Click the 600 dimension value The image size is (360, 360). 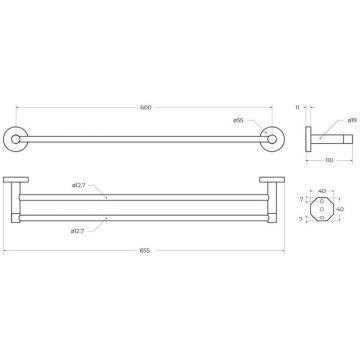[x=146, y=107]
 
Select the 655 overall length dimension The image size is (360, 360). [x=145, y=251]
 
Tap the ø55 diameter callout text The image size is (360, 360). [x=238, y=120]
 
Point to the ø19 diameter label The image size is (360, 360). [x=352, y=120]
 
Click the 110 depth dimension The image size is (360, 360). [x=329, y=160]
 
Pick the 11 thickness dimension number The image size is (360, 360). [x=297, y=107]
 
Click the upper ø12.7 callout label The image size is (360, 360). [x=79, y=185]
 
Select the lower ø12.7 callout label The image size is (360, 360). [x=77, y=231]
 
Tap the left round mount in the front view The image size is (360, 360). [x=16, y=139]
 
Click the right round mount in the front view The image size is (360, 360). [x=272, y=139]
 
